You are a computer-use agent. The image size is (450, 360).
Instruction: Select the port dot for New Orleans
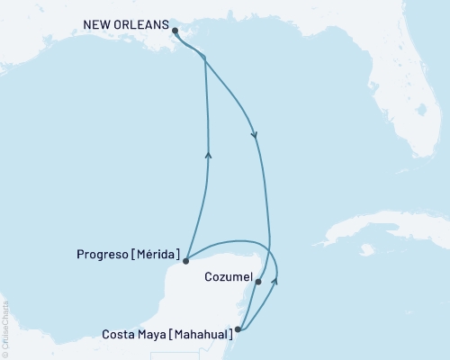pos(175,31)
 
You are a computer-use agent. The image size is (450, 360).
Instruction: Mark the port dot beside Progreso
pos(184,261)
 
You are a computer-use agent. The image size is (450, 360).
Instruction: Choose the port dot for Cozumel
pos(258,282)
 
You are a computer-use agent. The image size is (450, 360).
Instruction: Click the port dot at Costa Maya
pos(238,329)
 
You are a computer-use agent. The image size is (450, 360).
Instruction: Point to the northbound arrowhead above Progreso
pos(209,155)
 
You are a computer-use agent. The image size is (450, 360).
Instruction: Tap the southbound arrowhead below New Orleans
pos(256,136)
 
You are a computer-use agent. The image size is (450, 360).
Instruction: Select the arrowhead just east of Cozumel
pos(275,281)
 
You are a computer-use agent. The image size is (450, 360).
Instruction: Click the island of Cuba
pos(378,229)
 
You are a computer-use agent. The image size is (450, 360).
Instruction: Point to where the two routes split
pos(205,58)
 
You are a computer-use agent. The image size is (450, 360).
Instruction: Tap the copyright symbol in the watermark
pos(5,354)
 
